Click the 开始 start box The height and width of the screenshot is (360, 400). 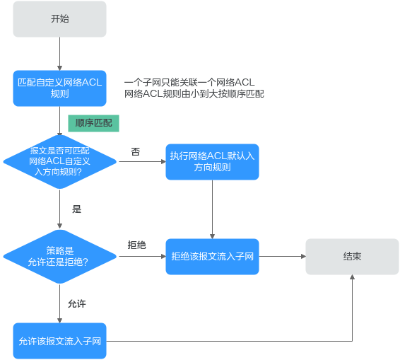coord(60,19)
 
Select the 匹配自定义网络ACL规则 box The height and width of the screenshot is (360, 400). coord(60,88)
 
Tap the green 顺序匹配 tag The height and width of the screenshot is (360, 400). coord(94,123)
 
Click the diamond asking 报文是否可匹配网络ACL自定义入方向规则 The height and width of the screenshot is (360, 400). coord(60,161)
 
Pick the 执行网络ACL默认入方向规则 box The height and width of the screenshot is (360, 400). coord(213,161)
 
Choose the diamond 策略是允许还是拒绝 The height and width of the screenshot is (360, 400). coord(60,255)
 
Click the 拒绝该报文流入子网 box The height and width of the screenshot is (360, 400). coord(213,256)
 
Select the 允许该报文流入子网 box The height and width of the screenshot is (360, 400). coord(60,342)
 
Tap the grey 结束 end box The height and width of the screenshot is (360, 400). coord(352,256)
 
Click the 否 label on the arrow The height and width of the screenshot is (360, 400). coord(135,152)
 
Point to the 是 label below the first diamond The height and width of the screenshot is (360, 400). coord(77,209)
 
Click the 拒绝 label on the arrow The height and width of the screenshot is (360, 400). coord(136,245)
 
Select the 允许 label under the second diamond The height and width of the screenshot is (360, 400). coord(77,303)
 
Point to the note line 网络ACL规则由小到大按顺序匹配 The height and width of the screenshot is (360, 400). coord(194,93)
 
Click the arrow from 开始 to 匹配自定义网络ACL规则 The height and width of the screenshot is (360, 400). coord(60,54)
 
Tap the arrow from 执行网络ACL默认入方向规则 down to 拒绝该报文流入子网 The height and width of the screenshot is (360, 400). coord(213,209)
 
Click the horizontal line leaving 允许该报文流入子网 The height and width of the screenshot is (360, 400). coord(226,342)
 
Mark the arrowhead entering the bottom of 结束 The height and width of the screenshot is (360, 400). coord(352,279)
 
